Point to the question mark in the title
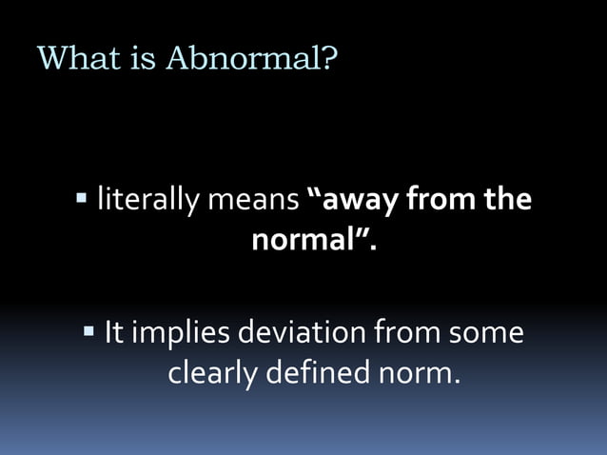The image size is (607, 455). tap(329, 59)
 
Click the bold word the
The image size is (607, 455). tap(508, 202)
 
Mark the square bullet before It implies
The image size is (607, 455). tap(88, 332)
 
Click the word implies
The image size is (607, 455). tap(180, 336)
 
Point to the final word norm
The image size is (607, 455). tap(411, 372)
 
